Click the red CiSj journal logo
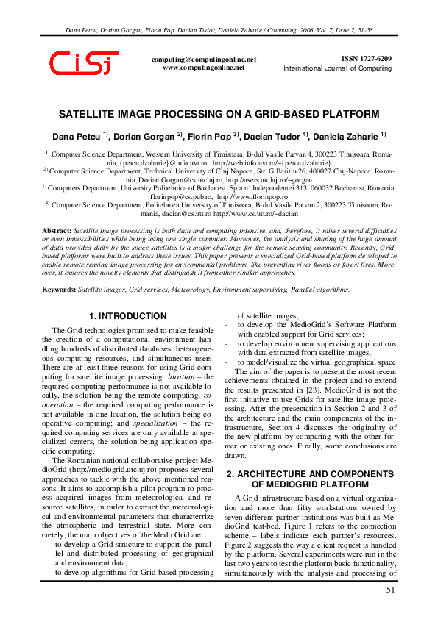(83, 64)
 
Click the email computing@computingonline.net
(203, 59)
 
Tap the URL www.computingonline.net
(203, 67)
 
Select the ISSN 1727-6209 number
(367, 58)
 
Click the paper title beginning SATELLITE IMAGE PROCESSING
(219, 114)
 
